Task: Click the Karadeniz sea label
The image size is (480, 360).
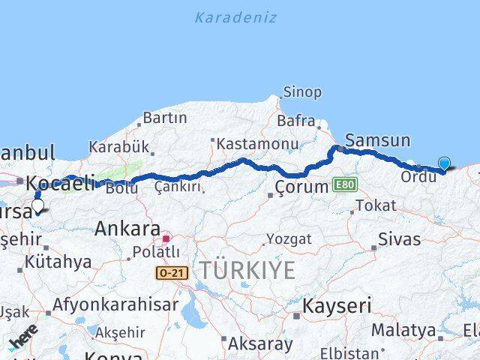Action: point(235,17)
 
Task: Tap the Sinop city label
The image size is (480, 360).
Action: point(301,93)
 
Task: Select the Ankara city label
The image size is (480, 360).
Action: point(127,229)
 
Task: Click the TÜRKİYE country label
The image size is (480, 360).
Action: point(247,270)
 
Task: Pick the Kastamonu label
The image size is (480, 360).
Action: point(248,142)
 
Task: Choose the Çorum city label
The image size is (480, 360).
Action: point(301,186)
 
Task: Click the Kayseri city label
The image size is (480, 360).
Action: point(337,305)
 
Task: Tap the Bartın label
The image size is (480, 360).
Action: point(163,118)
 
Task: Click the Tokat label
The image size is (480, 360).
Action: point(376,205)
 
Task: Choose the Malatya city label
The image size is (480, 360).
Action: point(403,330)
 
